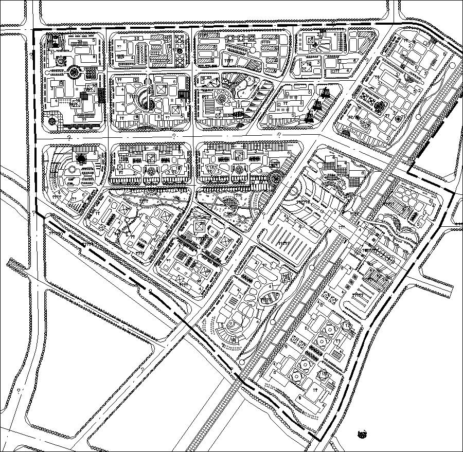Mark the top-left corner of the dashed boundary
pos(34,30)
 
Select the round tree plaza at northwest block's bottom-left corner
pos(53,121)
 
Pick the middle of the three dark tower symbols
pos(317,106)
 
